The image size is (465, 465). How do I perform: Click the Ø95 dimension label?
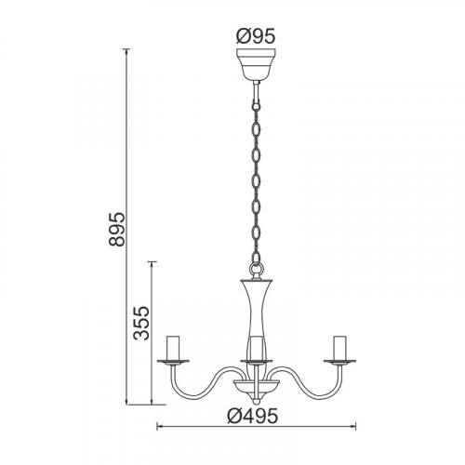(x=256, y=37)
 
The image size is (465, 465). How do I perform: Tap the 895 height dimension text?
(x=117, y=230)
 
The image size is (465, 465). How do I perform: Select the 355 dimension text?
(x=141, y=324)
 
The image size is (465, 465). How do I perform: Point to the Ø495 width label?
(x=252, y=416)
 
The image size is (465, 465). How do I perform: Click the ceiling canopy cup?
(x=256, y=64)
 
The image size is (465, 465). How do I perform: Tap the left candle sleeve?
(x=173, y=348)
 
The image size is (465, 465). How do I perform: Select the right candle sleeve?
(x=339, y=348)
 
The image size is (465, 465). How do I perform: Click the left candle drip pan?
(x=173, y=362)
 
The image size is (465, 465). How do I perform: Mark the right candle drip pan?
(x=339, y=362)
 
